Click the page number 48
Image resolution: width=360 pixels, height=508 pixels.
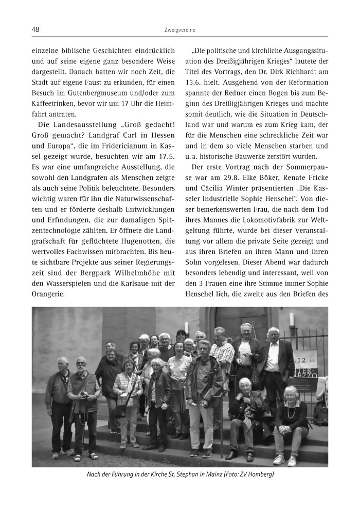[x=35, y=29]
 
